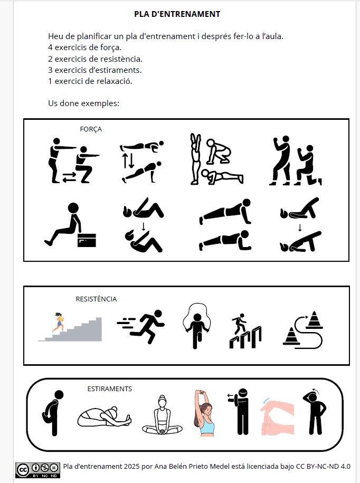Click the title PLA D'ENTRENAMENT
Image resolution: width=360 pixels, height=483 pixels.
pos(177,14)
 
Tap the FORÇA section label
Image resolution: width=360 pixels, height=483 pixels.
pos(91,129)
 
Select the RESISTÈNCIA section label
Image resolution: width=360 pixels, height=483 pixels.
pos(96,299)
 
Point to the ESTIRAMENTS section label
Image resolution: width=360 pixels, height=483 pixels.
pos(109,389)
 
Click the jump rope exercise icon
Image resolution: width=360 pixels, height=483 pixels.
pos(197,326)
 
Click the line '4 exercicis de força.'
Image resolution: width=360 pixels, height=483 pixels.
pos(84,48)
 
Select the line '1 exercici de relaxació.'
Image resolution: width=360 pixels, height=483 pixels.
pos(90,81)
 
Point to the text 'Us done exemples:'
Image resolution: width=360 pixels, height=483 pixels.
pos(83,103)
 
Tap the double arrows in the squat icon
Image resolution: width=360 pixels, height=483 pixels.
pos(70,177)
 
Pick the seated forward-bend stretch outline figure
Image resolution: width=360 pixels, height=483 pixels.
pos(103,416)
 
